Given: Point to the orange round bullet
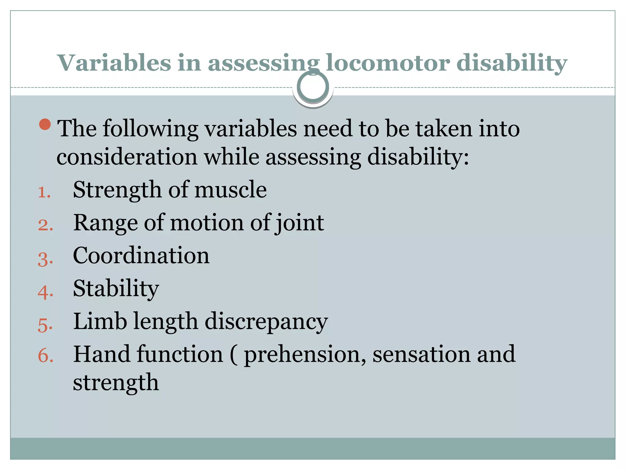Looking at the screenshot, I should pyautogui.click(x=45, y=124).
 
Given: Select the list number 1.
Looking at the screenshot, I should pyautogui.click(x=44, y=192).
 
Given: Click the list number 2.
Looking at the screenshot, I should pyautogui.click(x=45, y=225).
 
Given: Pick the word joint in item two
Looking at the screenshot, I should pyautogui.click(x=300, y=223).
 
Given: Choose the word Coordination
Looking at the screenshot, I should pyautogui.click(x=141, y=256).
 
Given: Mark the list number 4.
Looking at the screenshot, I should pyautogui.click(x=45, y=292).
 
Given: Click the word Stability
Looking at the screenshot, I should pyautogui.click(x=116, y=289).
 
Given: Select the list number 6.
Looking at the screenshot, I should pyautogui.click(x=45, y=356).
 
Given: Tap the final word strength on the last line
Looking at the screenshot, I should pyautogui.click(x=116, y=382).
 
